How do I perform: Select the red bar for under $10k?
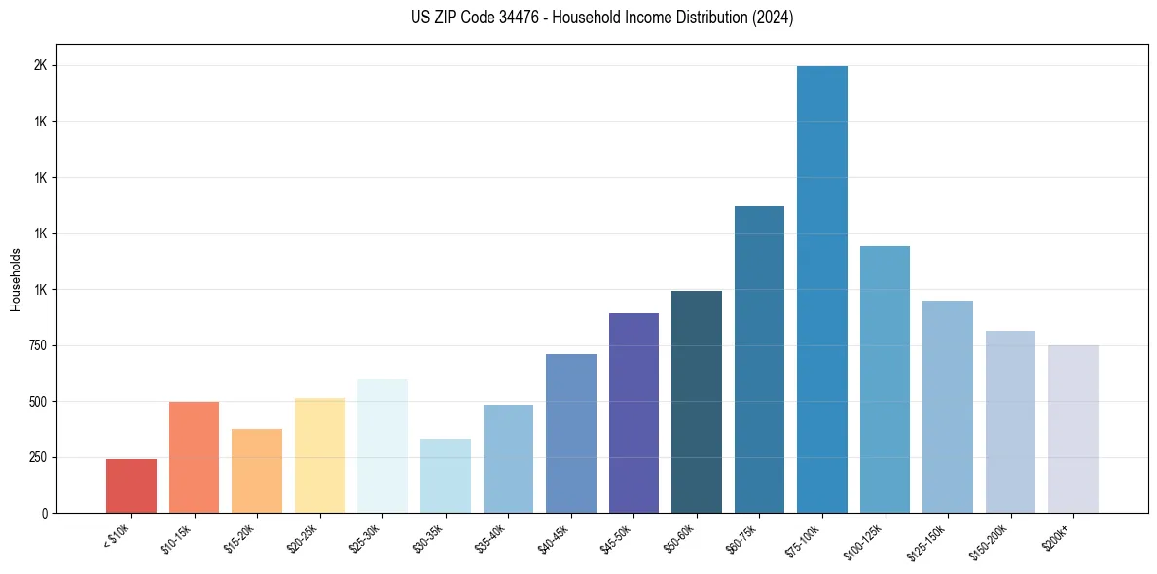pos(131,485)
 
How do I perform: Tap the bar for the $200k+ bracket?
pos(1073,429)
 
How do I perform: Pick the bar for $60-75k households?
pos(759,359)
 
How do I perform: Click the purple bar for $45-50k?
pos(633,413)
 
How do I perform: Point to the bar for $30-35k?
pos(446,476)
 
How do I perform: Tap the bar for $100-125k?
pos(885,379)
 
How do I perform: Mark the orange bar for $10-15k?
pos(195,457)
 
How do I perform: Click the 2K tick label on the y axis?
pos(40,65)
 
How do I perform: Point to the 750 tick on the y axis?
pos(36,345)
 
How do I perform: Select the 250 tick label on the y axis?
pos(36,457)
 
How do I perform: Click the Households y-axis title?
pos(17,279)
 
